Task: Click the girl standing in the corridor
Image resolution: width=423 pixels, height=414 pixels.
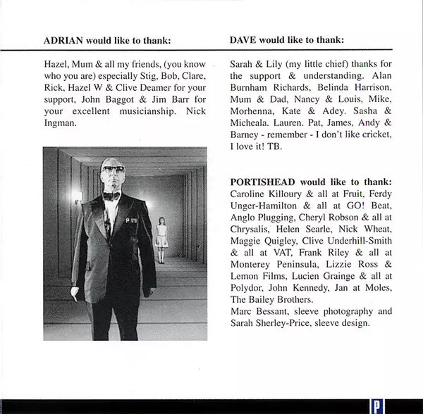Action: click(162, 239)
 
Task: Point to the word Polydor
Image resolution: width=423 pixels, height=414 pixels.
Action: click(248, 289)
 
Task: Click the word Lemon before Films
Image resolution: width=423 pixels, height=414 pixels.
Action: click(246, 277)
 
